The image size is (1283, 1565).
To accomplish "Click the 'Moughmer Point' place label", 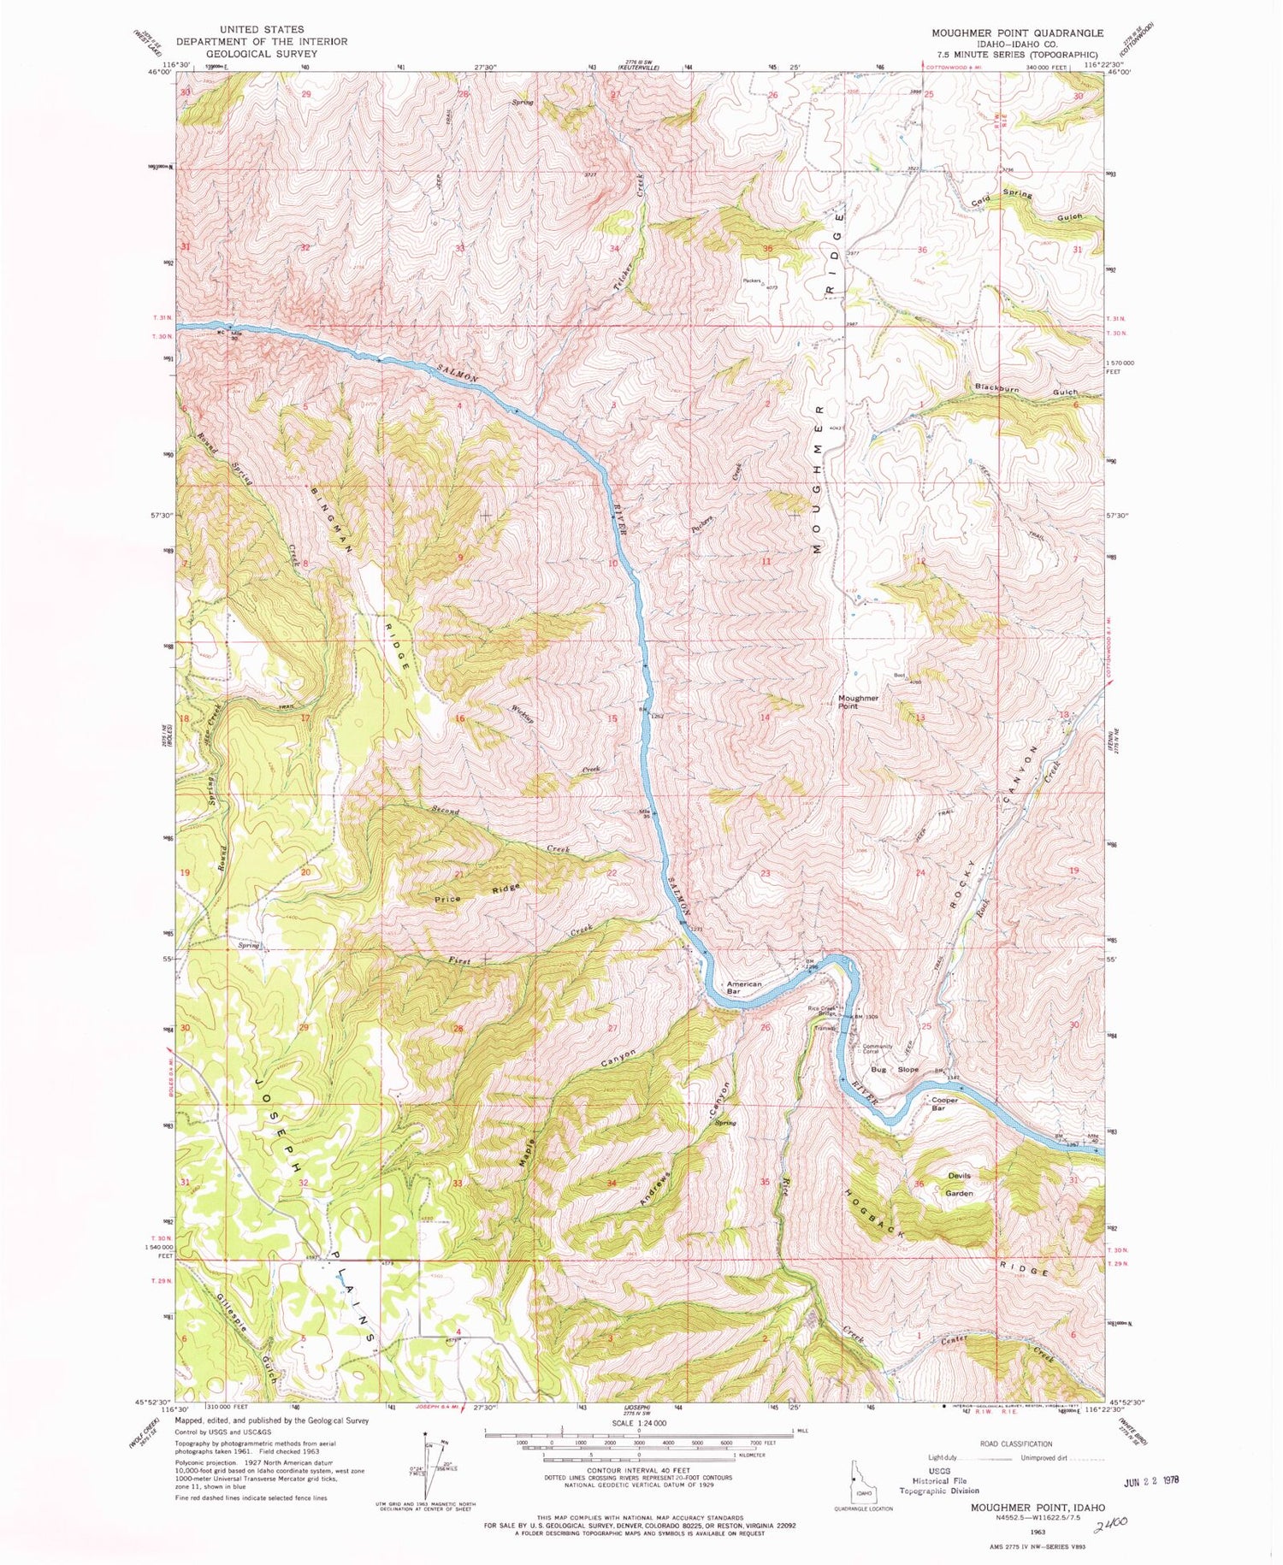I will coord(858,702).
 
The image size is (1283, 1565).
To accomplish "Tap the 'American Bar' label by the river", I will coord(743,988).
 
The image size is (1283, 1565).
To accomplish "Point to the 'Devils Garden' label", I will coord(959,1184).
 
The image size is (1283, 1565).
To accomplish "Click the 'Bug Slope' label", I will coord(895,1070).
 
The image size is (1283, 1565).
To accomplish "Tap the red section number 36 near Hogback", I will coord(919,1184).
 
